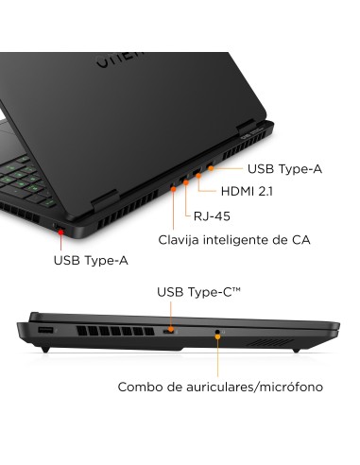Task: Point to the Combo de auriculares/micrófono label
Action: tap(220, 387)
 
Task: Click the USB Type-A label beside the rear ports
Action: tap(284, 169)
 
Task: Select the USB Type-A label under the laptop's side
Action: tap(91, 260)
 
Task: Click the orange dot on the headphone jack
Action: tap(218, 333)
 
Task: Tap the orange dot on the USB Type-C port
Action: tap(169, 333)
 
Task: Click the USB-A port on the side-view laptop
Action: tap(44, 331)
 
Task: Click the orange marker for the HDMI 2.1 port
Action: tap(197, 175)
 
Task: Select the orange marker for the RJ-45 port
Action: tap(185, 182)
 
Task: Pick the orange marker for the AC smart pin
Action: tap(175, 189)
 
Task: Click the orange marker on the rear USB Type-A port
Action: tap(210, 168)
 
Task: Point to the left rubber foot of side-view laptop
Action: tap(44, 350)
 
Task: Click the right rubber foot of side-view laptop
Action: tap(296, 350)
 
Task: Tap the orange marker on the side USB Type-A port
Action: tap(58, 228)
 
